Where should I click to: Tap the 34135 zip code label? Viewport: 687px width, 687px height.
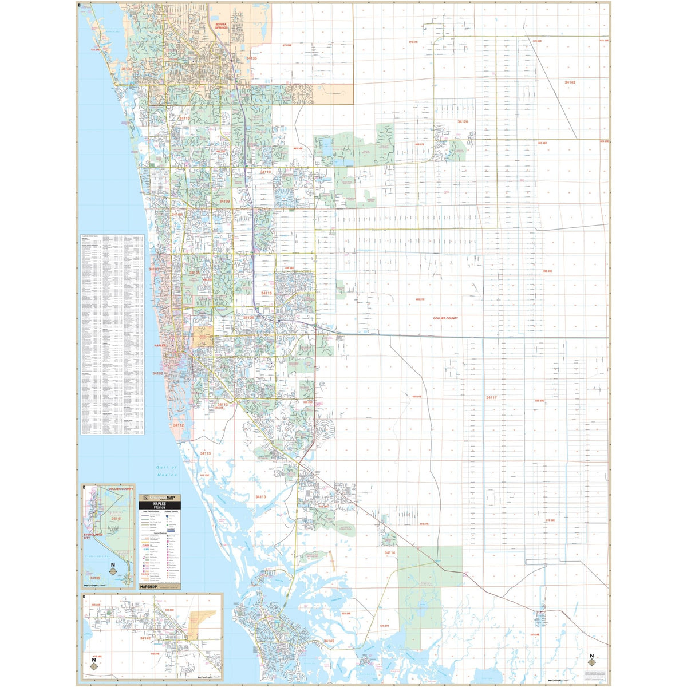click(251, 58)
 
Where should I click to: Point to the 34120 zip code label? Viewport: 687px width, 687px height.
click(463, 122)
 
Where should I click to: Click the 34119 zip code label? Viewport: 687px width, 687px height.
click(266, 172)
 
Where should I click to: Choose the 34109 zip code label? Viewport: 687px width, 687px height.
click(223, 202)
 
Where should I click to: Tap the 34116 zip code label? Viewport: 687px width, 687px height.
click(266, 293)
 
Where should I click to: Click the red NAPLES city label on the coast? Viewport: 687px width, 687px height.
click(160, 346)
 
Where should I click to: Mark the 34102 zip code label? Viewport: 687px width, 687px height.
click(157, 373)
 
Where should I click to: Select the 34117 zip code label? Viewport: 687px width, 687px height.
click(491, 397)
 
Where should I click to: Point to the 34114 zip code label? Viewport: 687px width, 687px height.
click(390, 553)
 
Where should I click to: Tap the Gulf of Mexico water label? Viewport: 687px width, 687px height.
click(167, 471)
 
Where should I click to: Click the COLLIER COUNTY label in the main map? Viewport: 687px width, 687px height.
click(445, 318)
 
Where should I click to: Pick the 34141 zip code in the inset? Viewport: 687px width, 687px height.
click(116, 519)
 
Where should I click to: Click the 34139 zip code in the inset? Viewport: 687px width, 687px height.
click(95, 578)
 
